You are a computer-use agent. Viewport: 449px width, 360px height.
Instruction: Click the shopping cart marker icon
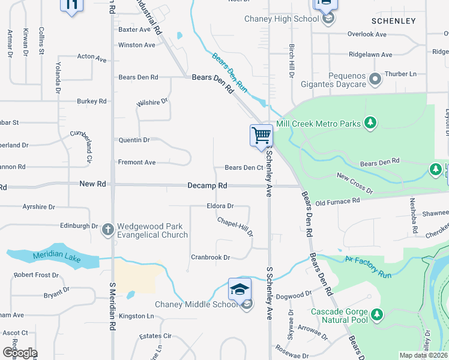(x=261, y=135)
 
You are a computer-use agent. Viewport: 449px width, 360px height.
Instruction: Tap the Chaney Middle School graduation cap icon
(x=240, y=289)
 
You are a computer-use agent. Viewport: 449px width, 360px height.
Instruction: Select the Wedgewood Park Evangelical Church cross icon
(x=108, y=229)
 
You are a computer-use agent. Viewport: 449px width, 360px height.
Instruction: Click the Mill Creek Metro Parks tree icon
(x=370, y=124)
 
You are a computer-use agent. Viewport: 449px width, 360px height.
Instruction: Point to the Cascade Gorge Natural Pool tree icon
(x=376, y=314)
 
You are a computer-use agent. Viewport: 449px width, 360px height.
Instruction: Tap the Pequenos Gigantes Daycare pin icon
(x=375, y=79)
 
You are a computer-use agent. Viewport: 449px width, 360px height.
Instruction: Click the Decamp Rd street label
(x=207, y=186)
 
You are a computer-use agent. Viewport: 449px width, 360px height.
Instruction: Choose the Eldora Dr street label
(x=220, y=206)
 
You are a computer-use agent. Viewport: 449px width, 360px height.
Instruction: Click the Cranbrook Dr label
(x=210, y=257)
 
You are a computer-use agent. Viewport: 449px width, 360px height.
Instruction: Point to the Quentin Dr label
(x=134, y=140)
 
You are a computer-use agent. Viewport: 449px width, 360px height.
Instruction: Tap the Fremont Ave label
(x=137, y=162)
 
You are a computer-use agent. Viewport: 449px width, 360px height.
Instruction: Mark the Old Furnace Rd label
(x=337, y=203)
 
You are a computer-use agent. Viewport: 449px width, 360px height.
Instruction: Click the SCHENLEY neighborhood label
(x=394, y=21)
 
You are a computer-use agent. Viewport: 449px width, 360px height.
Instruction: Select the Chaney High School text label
(x=281, y=19)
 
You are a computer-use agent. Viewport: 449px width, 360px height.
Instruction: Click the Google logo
(x=19, y=353)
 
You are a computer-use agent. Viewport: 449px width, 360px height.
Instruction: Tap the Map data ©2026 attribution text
(x=423, y=355)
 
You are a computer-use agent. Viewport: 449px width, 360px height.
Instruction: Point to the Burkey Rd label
(x=91, y=101)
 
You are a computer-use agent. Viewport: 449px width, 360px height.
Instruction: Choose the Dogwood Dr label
(x=294, y=295)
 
